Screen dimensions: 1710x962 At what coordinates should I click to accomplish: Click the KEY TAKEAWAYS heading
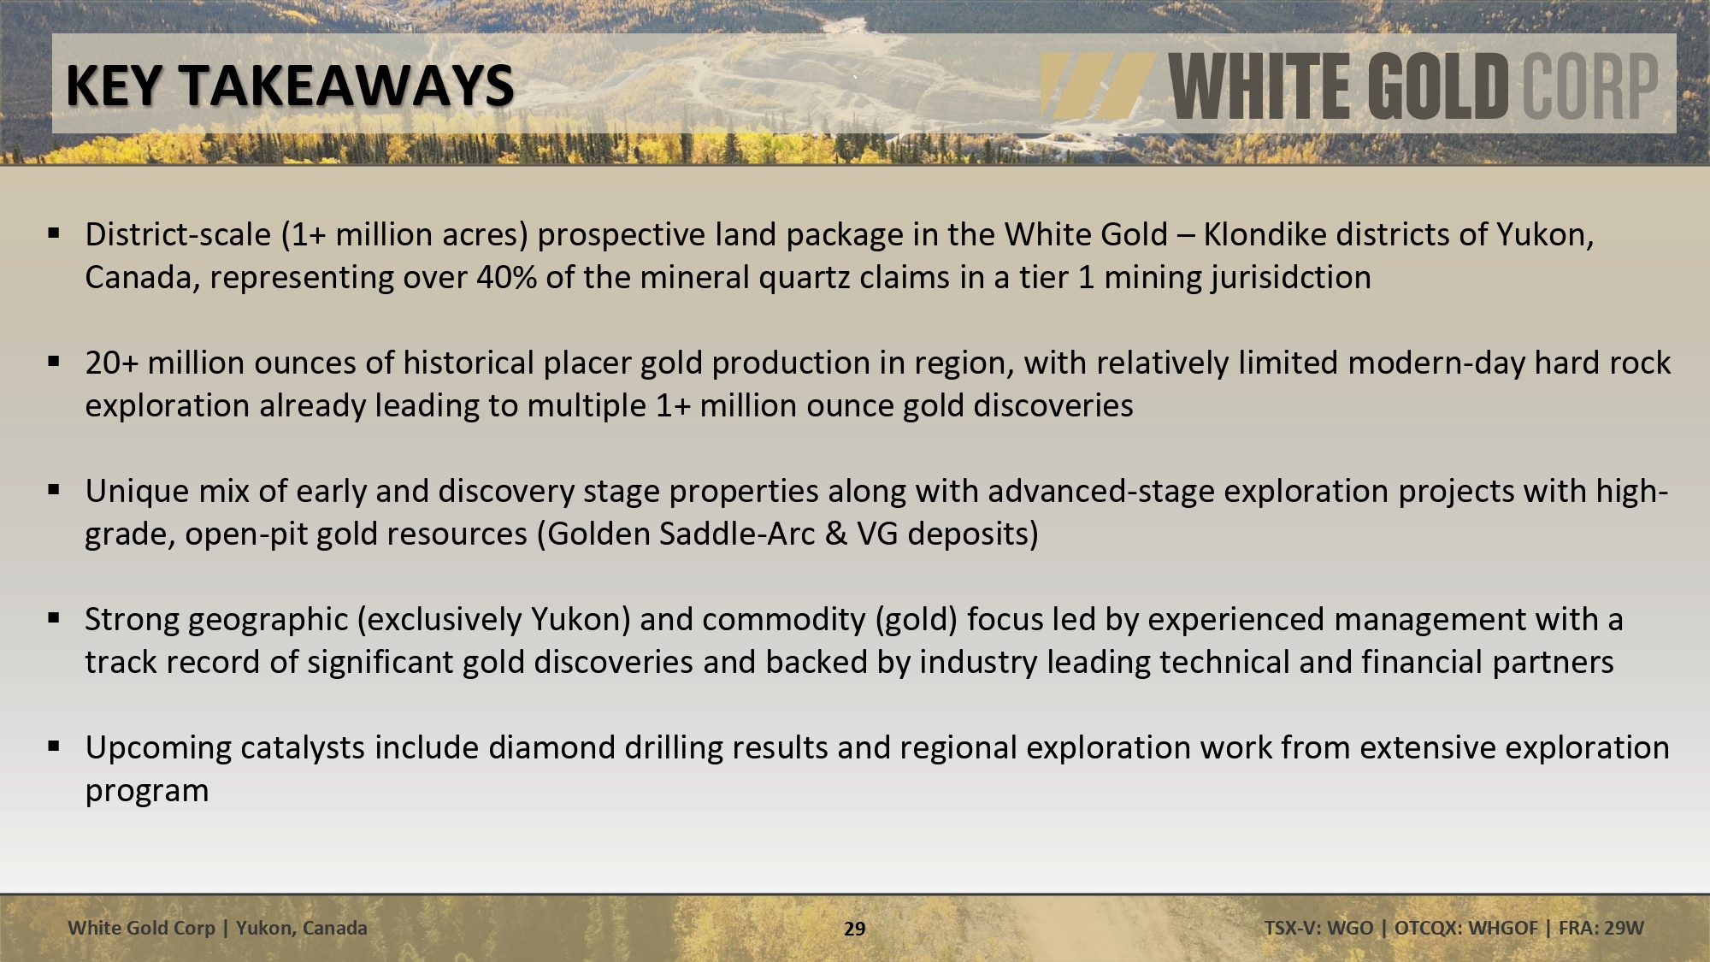(290, 86)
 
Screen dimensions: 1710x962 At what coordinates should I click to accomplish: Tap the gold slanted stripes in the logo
(1097, 86)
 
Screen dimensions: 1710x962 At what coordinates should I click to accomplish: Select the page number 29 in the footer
(855, 929)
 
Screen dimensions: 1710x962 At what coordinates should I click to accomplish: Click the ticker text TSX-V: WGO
(1318, 928)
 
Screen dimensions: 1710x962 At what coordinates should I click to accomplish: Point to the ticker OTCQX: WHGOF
(1465, 928)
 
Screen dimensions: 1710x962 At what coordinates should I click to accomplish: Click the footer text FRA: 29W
(1601, 928)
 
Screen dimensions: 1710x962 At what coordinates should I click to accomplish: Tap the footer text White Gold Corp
(142, 928)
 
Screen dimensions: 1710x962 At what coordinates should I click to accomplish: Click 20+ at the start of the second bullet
(111, 363)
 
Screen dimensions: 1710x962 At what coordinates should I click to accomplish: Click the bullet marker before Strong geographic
(54, 617)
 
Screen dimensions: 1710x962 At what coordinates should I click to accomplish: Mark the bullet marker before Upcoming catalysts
(54, 746)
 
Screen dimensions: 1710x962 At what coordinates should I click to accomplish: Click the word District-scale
(178, 234)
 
